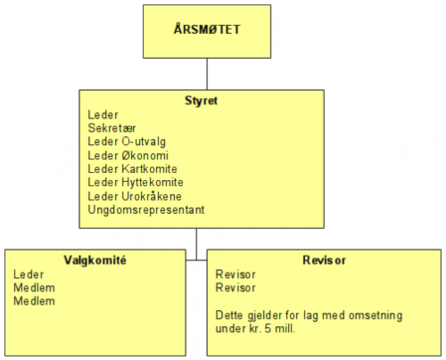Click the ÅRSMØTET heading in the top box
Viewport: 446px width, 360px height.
click(207, 29)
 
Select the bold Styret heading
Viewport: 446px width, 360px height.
click(202, 101)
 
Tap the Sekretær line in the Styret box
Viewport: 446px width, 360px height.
click(111, 128)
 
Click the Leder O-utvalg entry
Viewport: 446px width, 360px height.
click(127, 142)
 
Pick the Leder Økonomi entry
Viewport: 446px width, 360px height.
click(128, 155)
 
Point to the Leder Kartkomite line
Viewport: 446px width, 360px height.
click(132, 168)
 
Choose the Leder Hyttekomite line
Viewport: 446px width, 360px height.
click(136, 183)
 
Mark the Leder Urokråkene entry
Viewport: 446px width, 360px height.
click(135, 196)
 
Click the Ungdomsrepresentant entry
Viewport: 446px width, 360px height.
click(146, 210)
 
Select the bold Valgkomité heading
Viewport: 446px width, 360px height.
click(95, 260)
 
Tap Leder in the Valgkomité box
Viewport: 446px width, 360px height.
click(29, 274)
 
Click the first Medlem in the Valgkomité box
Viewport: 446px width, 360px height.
click(34, 288)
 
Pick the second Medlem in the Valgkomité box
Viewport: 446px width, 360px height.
click(34, 301)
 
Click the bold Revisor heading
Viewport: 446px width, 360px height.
click(324, 260)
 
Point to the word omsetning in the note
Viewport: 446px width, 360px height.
click(376, 315)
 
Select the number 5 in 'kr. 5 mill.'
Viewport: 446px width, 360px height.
click(268, 329)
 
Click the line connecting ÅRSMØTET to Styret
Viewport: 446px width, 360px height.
click(207, 74)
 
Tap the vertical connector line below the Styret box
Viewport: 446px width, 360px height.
click(196, 244)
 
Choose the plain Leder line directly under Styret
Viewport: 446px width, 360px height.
click(103, 115)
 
